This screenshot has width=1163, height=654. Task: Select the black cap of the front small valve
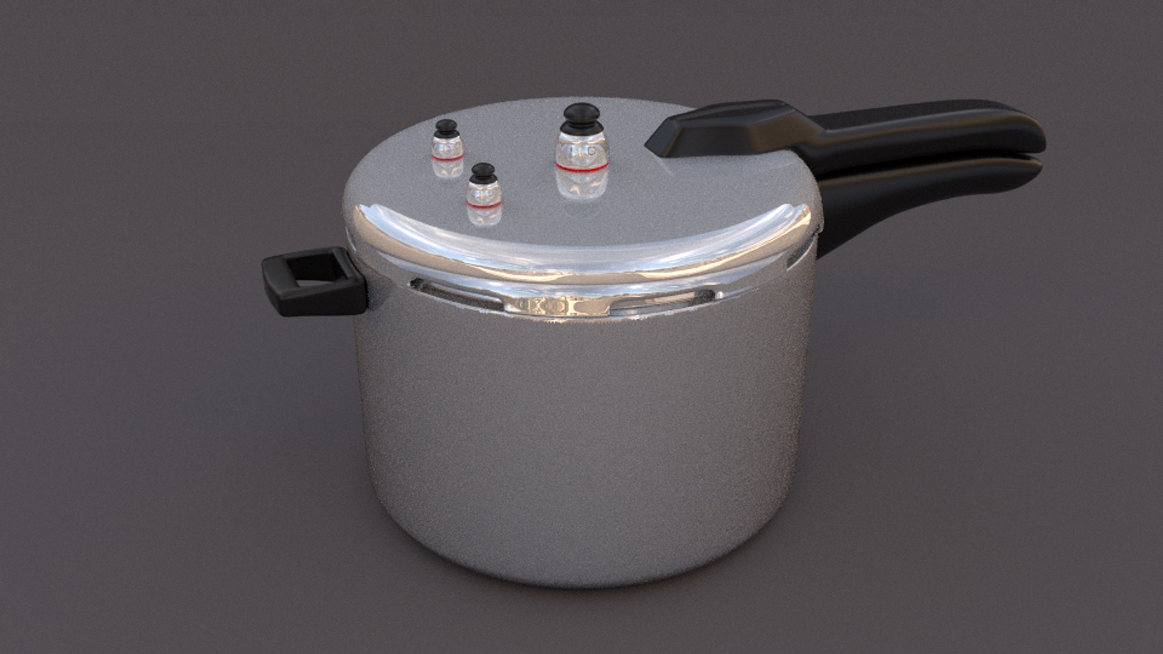483,172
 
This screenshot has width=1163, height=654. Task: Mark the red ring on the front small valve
484,205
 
